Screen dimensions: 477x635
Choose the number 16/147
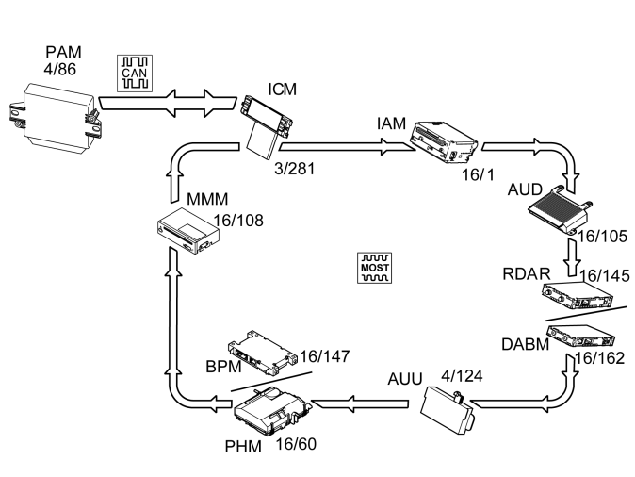tap(325, 357)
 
